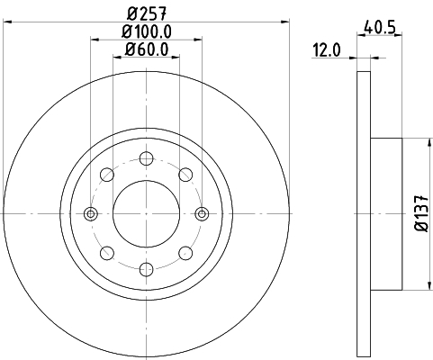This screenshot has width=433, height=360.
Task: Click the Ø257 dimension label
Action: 146,13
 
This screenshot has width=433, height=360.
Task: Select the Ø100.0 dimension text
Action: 146,31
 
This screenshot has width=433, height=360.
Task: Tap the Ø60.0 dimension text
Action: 146,49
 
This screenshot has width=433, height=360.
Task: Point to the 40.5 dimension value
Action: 379,27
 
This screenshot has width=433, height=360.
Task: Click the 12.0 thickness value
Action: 327,50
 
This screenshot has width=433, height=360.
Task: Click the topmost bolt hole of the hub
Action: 147,158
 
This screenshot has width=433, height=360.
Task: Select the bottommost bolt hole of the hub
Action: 147,269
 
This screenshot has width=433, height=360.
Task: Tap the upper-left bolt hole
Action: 107,175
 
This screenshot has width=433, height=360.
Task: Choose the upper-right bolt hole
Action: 185,175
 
